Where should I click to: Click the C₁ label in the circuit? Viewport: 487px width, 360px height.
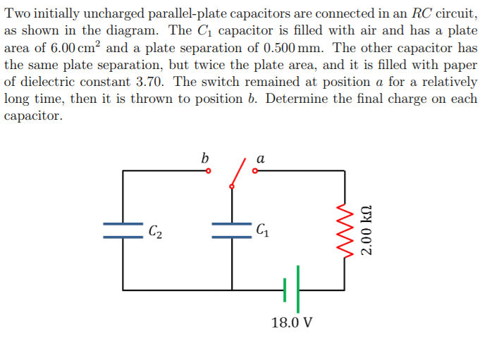262,229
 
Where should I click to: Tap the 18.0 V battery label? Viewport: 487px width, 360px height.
291,323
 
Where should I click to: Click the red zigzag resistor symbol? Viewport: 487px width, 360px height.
345,230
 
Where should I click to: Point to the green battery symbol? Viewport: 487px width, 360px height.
292,289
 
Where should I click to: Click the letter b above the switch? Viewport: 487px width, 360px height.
204,158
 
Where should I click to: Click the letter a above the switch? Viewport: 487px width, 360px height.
260,159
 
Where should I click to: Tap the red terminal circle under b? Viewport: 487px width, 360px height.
209,170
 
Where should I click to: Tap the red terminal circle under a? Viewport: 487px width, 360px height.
255,170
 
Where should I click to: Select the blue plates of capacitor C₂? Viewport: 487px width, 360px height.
123,230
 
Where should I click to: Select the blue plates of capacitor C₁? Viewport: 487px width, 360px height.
232,230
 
